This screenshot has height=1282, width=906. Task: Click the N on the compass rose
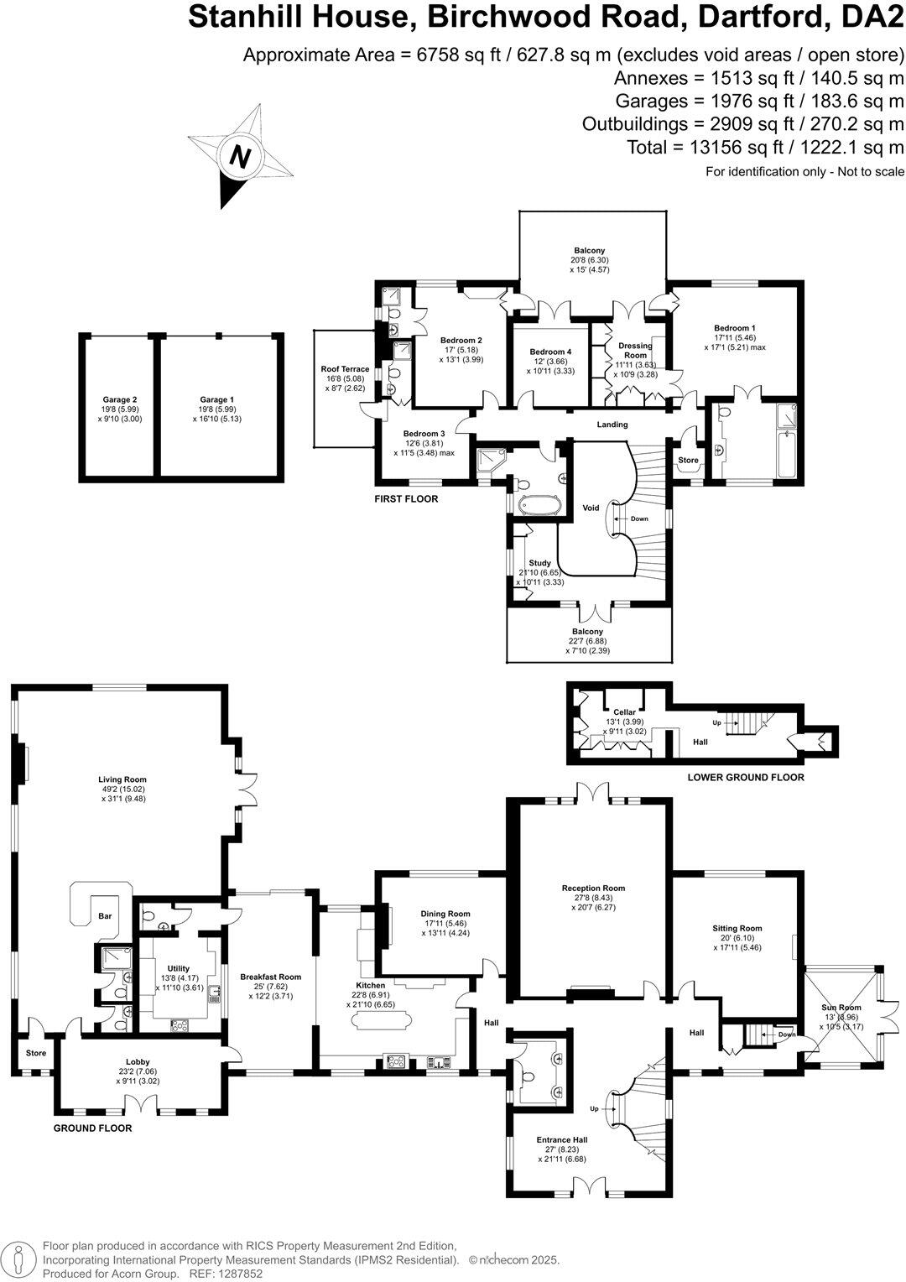(241, 158)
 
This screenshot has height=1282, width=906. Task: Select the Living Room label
(122, 779)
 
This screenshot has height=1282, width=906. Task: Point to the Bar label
(106, 916)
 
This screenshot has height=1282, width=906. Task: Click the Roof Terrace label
(345, 369)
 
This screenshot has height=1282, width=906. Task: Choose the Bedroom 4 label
(550, 352)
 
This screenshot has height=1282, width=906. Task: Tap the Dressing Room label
(634, 350)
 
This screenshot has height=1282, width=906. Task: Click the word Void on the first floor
(591, 508)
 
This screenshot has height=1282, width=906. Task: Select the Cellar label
(624, 712)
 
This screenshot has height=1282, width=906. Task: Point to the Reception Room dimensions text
(593, 902)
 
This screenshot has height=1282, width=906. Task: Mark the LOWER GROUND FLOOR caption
(745, 777)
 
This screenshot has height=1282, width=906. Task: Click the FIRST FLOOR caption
(406, 499)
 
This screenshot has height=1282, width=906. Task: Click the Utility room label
(178, 968)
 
